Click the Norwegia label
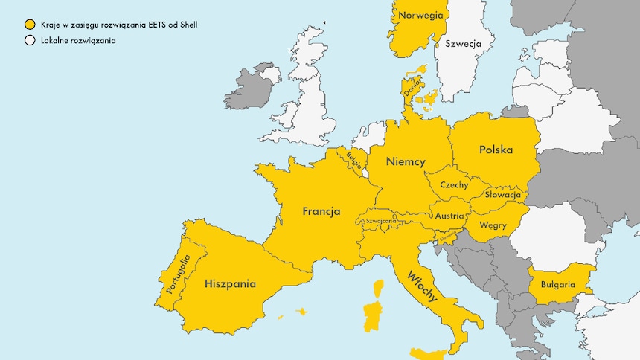[x=421, y=15]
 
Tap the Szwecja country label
[x=463, y=44]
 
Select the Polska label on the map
[x=496, y=150]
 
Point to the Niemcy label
[x=406, y=161]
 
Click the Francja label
[x=321, y=211]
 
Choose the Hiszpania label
[x=230, y=283]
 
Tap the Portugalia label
[x=179, y=274]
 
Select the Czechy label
[x=454, y=184]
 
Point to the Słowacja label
[x=502, y=194]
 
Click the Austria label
[x=449, y=216]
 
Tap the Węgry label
[x=493, y=224]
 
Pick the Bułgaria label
[x=557, y=284]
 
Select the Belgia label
[x=354, y=158]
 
